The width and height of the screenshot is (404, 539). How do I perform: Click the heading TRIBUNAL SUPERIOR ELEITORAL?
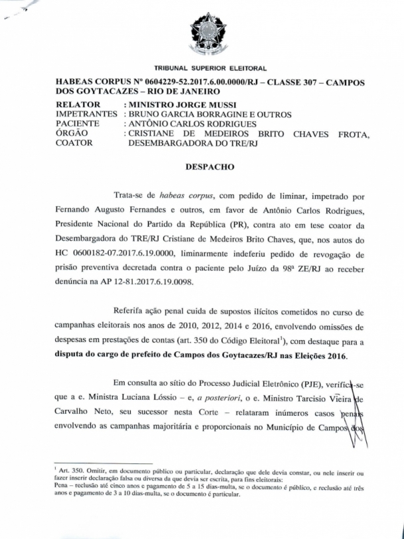pyautogui.click(x=210, y=68)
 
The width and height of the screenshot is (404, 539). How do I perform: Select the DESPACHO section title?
pyautogui.click(x=210, y=167)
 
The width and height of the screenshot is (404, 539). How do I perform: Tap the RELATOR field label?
pyautogui.click(x=78, y=105)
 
